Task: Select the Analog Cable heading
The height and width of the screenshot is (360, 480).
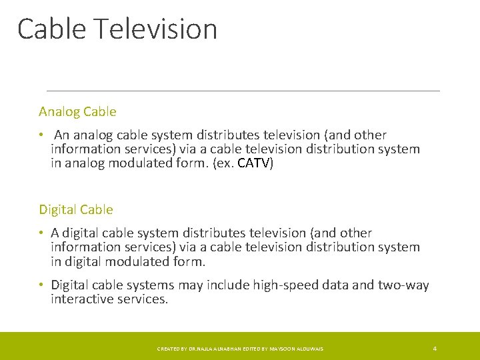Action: click(77, 111)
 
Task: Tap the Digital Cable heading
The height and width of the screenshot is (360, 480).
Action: click(76, 209)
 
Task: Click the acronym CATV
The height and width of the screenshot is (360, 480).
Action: click(255, 163)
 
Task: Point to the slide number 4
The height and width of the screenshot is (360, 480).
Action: click(435, 349)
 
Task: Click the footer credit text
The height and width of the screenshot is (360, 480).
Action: click(240, 349)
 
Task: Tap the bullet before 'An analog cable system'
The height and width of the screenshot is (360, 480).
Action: click(41, 135)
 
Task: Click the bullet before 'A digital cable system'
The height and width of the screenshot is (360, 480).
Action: click(41, 233)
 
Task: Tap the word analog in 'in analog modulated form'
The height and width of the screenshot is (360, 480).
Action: click(85, 164)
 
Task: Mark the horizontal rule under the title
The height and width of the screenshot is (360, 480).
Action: click(243, 91)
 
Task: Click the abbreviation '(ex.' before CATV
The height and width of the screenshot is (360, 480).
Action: click(223, 163)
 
